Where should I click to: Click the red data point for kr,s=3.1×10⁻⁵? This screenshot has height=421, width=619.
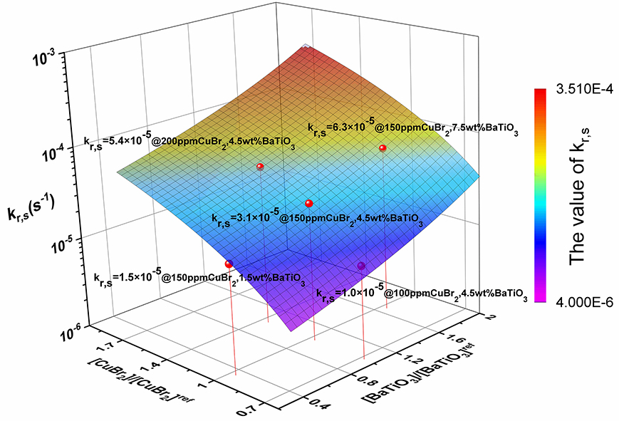point(309,204)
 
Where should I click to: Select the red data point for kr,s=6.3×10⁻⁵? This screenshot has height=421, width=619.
point(382,148)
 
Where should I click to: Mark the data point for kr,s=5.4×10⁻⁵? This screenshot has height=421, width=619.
point(260,167)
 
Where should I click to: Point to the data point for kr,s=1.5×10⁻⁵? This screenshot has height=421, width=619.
point(229,264)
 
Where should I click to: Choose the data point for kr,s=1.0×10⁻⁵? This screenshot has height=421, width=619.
point(361,266)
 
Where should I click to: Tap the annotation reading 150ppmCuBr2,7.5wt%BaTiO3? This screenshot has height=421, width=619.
point(447,130)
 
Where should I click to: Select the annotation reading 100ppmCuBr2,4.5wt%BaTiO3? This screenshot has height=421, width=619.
point(456,295)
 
